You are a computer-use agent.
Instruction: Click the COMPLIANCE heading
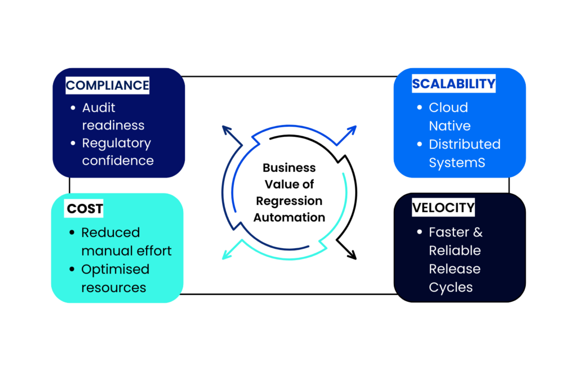(108, 86)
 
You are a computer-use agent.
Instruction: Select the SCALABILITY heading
(454, 84)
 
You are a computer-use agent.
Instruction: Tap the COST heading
(85, 209)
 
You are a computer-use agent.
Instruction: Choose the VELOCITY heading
(443, 208)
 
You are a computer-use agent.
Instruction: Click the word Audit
(99, 108)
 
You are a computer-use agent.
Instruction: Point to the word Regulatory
(116, 143)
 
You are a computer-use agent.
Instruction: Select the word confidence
(118, 160)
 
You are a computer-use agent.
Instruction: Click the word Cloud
(448, 108)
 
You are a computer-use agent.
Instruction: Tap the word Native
(450, 125)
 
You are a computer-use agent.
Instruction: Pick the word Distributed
(464, 144)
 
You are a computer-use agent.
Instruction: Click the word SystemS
(456, 162)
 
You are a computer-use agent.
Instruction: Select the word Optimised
(115, 269)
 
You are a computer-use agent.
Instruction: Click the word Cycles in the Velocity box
(450, 287)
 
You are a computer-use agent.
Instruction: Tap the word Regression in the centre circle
(289, 201)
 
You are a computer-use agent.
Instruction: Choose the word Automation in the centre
(289, 217)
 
